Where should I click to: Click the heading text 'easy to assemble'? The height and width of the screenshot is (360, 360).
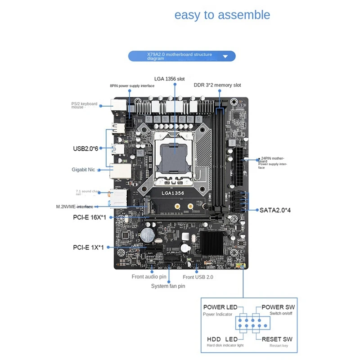coord(222,15)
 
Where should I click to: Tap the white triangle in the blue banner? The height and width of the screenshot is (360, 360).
coord(226,57)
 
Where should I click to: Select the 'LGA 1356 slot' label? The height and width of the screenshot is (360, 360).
coord(169,79)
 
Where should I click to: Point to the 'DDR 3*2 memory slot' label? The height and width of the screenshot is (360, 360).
coord(217,85)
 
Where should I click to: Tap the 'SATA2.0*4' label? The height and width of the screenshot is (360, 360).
coord(275,210)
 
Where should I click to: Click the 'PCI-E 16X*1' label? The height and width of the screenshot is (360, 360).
coord(90,218)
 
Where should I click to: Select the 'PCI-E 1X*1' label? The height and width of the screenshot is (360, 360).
coord(88,247)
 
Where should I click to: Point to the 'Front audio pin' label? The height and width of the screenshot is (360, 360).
coord(149,277)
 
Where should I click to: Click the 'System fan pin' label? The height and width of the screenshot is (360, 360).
coord(168,286)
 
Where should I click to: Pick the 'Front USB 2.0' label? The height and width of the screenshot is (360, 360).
coord(198,277)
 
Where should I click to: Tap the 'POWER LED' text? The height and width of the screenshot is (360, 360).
coord(220,307)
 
